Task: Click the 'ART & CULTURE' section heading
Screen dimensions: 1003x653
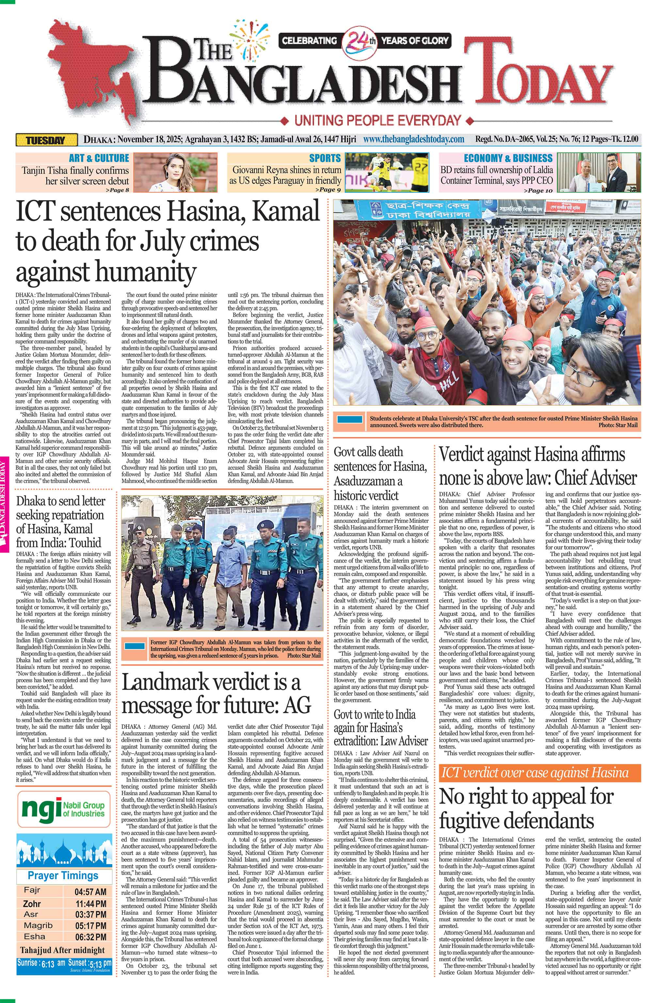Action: pos(99,158)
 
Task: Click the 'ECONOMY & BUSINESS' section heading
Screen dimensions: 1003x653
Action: pos(508,158)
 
